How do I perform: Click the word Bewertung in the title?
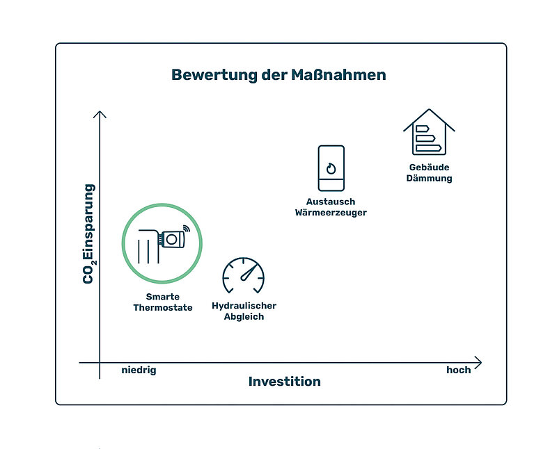tap(214, 76)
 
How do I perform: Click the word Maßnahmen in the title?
tap(338, 75)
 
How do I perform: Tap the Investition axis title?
tap(285, 382)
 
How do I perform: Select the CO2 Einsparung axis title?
tap(89, 234)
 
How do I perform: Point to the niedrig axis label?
tap(139, 370)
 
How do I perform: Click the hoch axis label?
tap(458, 370)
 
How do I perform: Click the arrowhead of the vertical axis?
tap(100, 114)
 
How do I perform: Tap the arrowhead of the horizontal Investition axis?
tap(478, 362)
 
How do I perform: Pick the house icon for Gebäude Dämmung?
tap(429, 131)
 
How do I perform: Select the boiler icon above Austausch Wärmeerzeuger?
tap(331, 168)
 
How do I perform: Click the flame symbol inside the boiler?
tap(331, 168)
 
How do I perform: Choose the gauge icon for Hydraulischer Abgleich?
tap(243, 275)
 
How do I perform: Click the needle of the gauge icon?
tap(249, 272)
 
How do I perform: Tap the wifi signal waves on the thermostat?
tap(187, 228)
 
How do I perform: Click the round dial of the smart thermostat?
tap(171, 239)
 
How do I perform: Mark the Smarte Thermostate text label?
tap(163, 302)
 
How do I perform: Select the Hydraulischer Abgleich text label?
tap(244, 311)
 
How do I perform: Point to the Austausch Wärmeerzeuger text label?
tap(331, 207)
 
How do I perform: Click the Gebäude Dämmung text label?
tap(429, 173)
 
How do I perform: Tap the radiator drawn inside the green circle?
tap(149, 247)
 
